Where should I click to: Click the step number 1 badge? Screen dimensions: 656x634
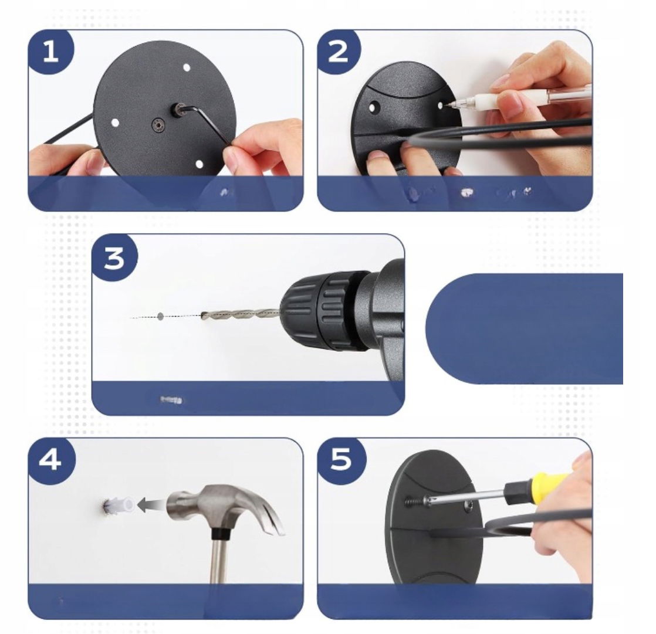pyautogui.click(x=50, y=52)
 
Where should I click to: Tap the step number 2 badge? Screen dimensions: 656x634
pyautogui.click(x=339, y=52)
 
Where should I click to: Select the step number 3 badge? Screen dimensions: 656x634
pyautogui.click(x=114, y=257)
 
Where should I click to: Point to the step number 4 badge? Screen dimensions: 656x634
pyautogui.click(x=50, y=460)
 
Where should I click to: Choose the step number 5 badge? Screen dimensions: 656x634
pyautogui.click(x=340, y=460)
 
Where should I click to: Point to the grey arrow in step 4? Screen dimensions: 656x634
pyautogui.click(x=151, y=505)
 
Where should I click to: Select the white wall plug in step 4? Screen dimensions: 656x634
pyautogui.click(x=119, y=505)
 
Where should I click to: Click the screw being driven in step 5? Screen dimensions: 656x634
pyautogui.click(x=415, y=501)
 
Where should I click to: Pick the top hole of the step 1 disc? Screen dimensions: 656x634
pyautogui.click(x=187, y=67)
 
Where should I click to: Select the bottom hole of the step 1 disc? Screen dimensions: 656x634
pyautogui.click(x=199, y=164)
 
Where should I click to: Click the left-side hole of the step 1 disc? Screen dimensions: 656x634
pyautogui.click(x=115, y=123)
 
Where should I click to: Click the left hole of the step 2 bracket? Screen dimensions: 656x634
pyautogui.click(x=372, y=108)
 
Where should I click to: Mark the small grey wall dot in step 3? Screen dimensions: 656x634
pyautogui.click(x=160, y=316)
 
